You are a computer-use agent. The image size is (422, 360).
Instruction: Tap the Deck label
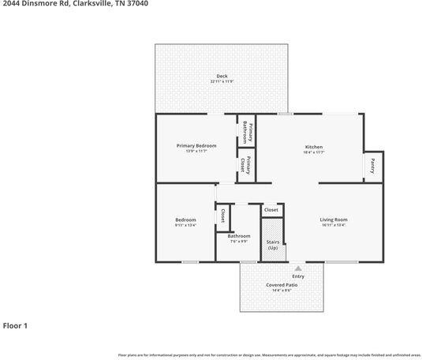[222, 76]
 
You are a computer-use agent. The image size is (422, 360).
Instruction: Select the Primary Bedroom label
[196, 145]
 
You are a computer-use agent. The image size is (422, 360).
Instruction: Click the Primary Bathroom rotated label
[246, 129]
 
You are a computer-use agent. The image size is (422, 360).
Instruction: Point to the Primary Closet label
[246, 165]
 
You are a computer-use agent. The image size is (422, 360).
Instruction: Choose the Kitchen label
[314, 146]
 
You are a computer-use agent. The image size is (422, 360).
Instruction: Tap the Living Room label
[333, 219]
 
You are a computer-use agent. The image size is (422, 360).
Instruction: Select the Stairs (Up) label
[272, 246]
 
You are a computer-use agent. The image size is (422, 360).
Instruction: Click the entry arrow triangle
[298, 268]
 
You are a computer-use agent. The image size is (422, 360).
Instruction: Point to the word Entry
[298, 276]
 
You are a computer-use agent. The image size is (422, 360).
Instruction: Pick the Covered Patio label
[282, 285]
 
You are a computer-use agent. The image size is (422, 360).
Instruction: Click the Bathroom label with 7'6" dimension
[238, 235]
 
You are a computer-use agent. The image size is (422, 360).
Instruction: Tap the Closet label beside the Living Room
[271, 209]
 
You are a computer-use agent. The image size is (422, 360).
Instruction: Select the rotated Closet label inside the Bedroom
[223, 215]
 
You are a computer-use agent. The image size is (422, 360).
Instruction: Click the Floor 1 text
[16, 324]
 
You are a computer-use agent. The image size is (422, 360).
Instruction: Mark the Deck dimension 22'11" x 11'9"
[222, 81]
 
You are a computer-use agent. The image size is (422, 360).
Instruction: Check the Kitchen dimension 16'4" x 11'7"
[314, 152]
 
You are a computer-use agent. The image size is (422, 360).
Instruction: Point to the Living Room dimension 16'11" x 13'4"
[333, 225]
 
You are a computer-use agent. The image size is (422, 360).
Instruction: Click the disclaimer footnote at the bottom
[268, 355]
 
